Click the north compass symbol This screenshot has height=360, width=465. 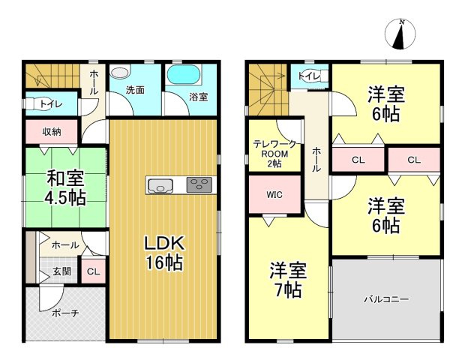(400, 34)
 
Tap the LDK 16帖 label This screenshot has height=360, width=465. (164, 253)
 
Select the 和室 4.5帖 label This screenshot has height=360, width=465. (65, 188)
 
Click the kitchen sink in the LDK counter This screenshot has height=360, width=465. (160, 185)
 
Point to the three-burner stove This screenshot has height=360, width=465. (199, 184)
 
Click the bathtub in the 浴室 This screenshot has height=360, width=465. (184, 74)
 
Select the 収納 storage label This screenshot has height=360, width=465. (52, 132)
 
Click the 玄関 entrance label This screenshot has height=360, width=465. (62, 271)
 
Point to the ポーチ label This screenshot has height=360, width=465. (65, 313)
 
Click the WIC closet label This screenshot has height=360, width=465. (274, 195)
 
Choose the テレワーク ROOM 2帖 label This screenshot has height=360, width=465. (274, 154)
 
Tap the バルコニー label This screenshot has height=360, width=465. (386, 299)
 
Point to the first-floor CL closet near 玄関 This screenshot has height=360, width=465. (94, 271)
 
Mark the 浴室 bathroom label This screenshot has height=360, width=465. (199, 97)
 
